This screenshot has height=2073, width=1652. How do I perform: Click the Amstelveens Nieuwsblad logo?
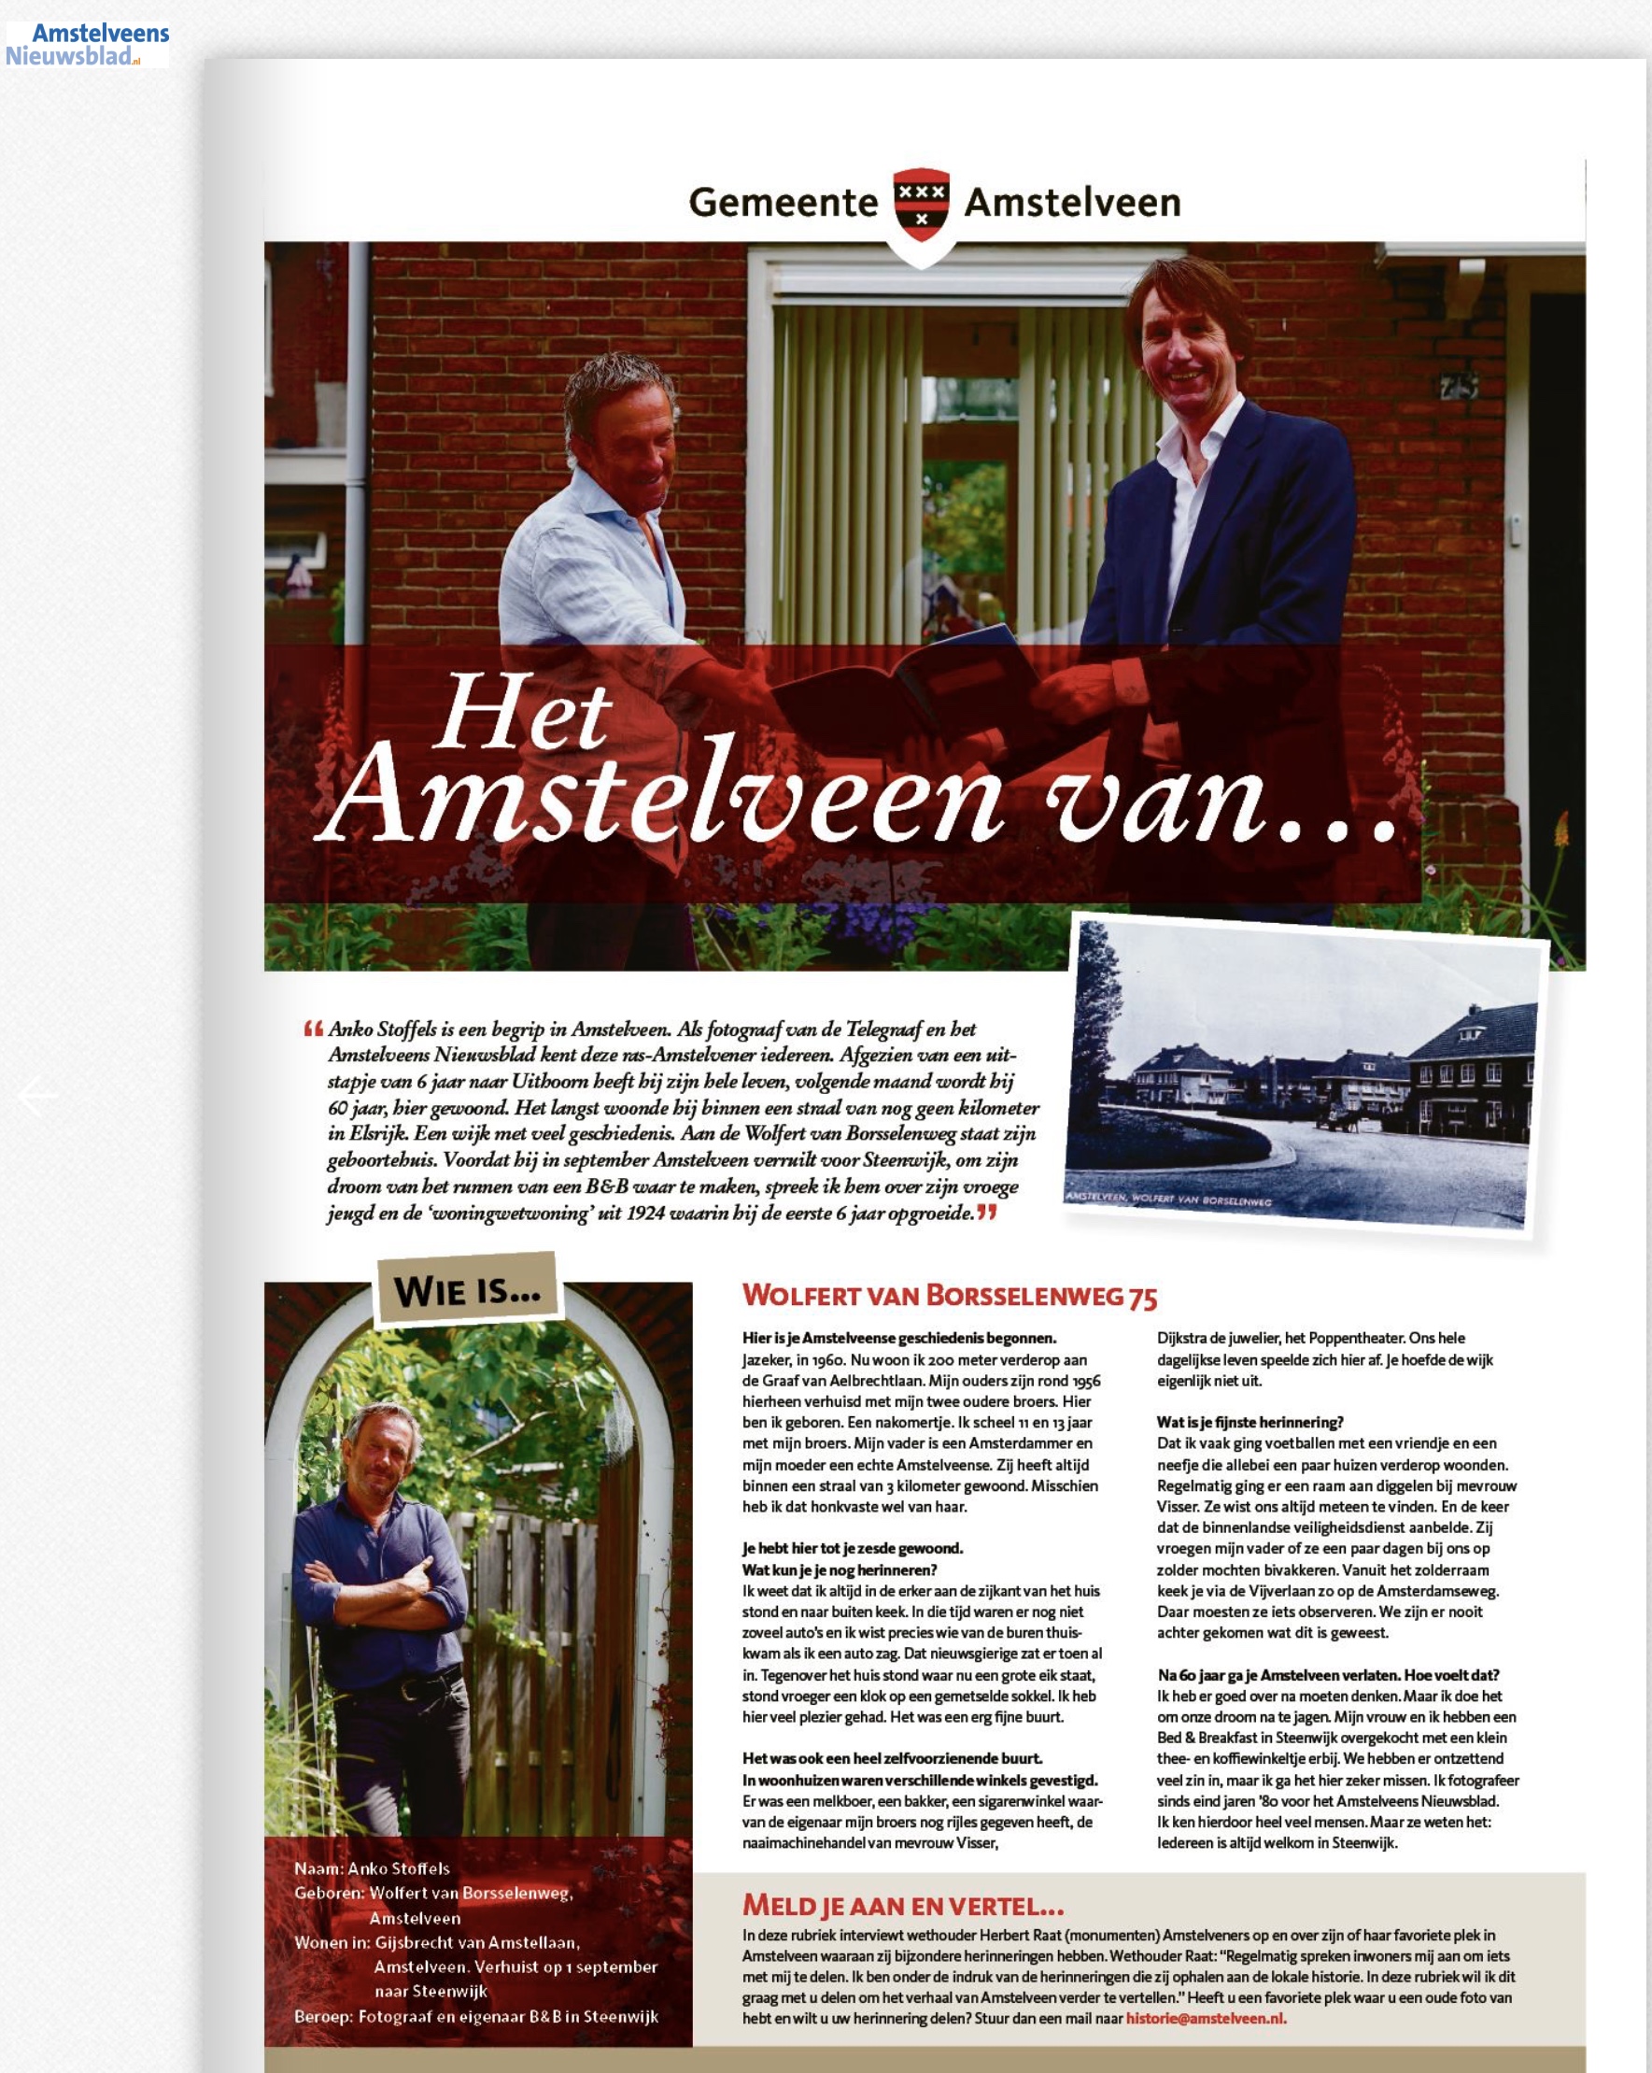pos(88,44)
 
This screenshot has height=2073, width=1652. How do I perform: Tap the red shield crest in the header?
pos(921,205)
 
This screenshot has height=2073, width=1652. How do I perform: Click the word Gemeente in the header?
pos(784,203)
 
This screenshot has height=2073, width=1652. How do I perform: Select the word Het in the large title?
pos(523,712)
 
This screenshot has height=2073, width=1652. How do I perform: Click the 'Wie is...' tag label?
pos(467,1289)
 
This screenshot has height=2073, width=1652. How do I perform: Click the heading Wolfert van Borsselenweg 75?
pos(949,1296)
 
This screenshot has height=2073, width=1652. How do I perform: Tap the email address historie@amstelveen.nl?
pos(1205,2018)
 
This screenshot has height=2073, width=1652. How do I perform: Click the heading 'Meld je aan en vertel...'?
pos(902,1906)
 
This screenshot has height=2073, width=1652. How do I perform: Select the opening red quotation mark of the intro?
pos(312,1029)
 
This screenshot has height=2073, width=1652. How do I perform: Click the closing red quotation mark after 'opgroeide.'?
pos(987,1214)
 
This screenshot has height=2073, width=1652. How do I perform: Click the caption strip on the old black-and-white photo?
pos(1168,1199)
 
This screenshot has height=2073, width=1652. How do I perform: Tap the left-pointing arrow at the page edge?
pos(37,1095)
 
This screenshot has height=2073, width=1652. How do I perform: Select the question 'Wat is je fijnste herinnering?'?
pos(1250,1422)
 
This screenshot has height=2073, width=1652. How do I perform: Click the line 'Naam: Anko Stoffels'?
pos(371,1868)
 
